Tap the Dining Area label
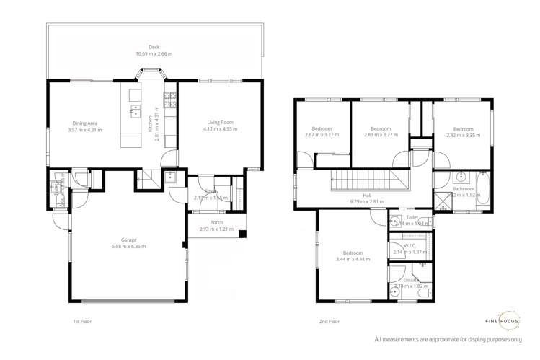click(x=84, y=123)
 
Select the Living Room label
click(x=219, y=123)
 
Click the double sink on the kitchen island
click(x=134, y=110)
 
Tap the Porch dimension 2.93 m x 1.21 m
click(x=216, y=229)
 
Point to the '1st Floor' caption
click(x=81, y=321)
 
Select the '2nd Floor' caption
click(x=329, y=321)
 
